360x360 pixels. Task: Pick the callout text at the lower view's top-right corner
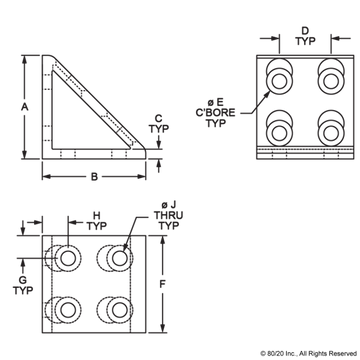point(168,213)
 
